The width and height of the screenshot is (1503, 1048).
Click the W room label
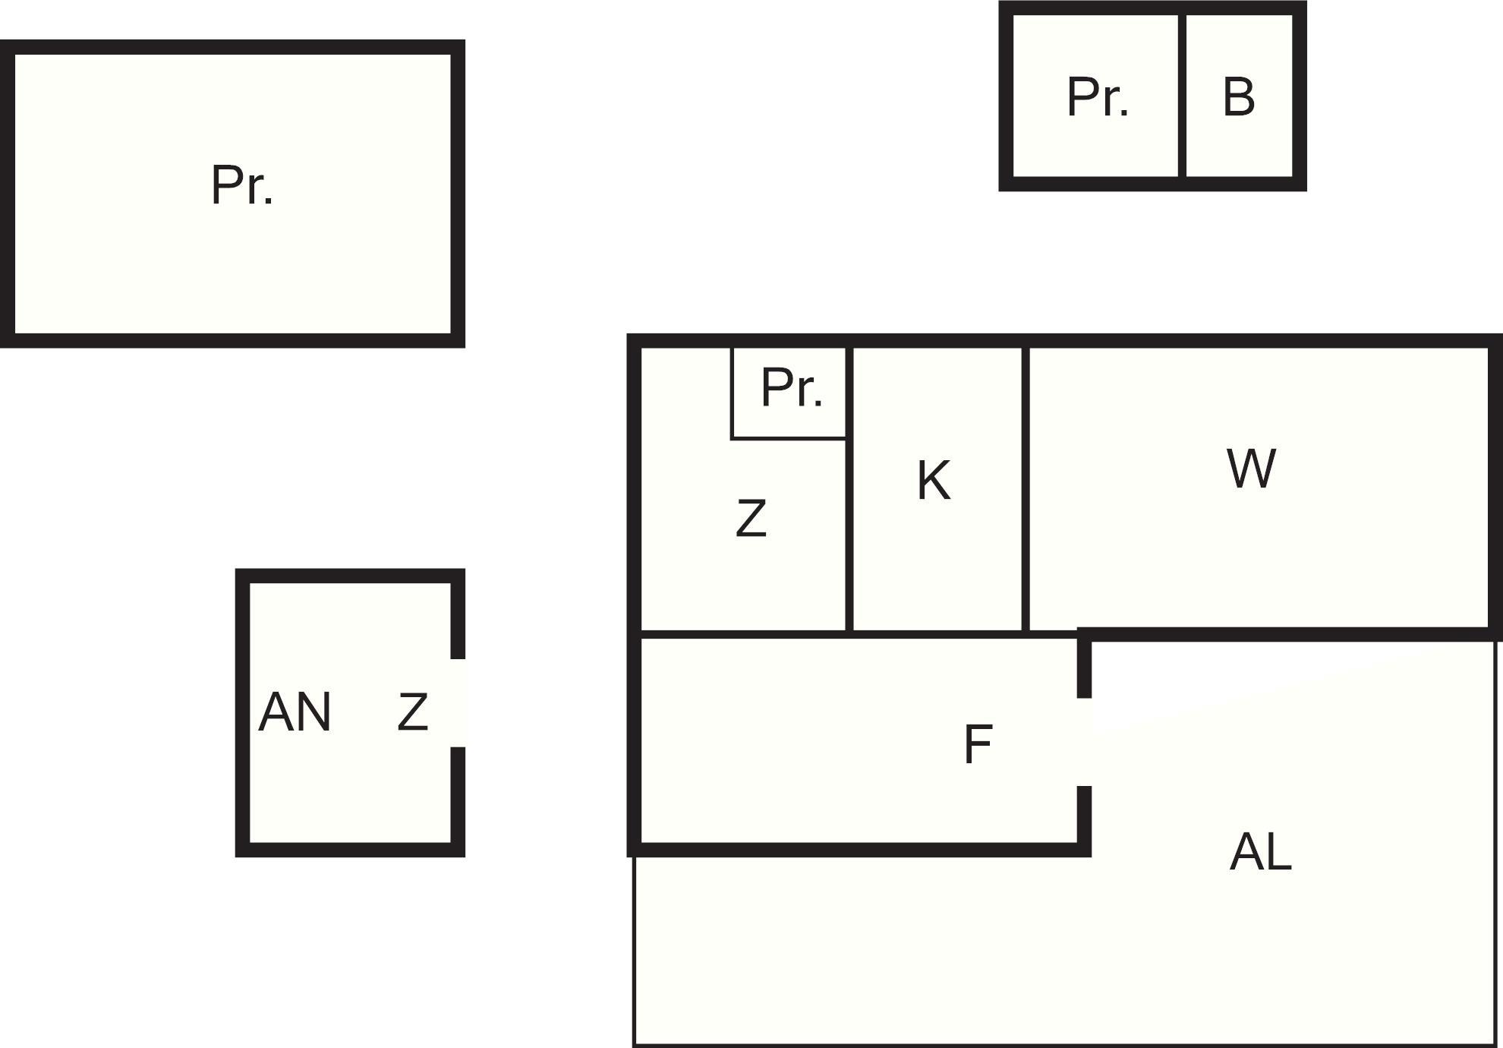pos(1251,469)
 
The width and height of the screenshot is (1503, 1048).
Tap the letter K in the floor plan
pos(934,481)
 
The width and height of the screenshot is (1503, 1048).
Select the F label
pos(978,744)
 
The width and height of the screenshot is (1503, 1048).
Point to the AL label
pos(1260,852)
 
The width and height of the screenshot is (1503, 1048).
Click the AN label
pos(295,712)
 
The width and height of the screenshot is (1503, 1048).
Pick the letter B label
pos(1239,97)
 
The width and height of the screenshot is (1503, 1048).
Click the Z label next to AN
pos(413,712)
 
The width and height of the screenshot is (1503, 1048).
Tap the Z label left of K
pos(751,518)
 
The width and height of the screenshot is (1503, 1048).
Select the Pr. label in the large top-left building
pos(242,185)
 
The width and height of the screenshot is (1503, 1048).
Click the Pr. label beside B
pos(1098,97)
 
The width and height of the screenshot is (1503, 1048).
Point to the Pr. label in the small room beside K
pos(792,388)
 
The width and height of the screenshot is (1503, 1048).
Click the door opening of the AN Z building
pos(458,703)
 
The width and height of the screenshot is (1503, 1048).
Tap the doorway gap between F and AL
pos(1085,742)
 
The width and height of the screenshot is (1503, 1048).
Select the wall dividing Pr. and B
pos(1183,96)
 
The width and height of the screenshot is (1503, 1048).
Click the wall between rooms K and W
pos(1026,488)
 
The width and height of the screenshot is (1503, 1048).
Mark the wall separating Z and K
pos(849,488)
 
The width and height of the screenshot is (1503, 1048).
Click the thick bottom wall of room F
pos(859,850)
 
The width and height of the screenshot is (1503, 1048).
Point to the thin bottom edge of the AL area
pos(1065,1046)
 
